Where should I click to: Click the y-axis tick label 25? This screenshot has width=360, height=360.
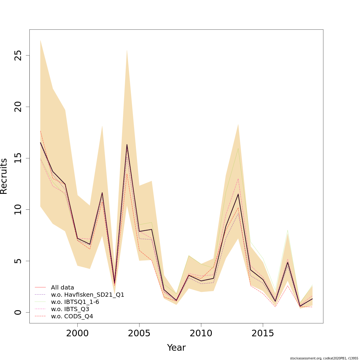[x=19, y=55]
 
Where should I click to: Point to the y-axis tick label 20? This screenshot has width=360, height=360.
[x=19, y=107]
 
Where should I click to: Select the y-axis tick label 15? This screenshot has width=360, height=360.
[x=19, y=158]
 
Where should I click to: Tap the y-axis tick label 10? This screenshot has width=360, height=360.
[x=19, y=209]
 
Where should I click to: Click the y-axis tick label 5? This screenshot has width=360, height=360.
[x=19, y=261]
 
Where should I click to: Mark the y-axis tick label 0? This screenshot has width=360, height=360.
[x=19, y=312]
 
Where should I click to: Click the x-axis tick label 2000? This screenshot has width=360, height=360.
[x=77, y=333]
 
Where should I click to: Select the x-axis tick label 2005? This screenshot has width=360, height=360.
[x=139, y=333]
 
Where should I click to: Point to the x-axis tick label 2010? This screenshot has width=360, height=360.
[x=201, y=333]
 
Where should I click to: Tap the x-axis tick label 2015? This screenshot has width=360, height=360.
[x=263, y=333]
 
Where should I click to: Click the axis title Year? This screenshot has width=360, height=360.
[x=176, y=348]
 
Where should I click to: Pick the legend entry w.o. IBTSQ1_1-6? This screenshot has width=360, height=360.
[x=75, y=302]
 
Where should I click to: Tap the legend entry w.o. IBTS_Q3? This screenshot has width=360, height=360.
[x=70, y=309]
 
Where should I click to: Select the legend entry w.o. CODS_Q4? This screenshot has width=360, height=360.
[x=72, y=316]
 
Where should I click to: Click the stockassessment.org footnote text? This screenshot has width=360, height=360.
[x=324, y=358]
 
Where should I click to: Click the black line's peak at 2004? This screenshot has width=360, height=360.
[x=127, y=145]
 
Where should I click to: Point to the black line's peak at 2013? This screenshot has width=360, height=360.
[x=238, y=194]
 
